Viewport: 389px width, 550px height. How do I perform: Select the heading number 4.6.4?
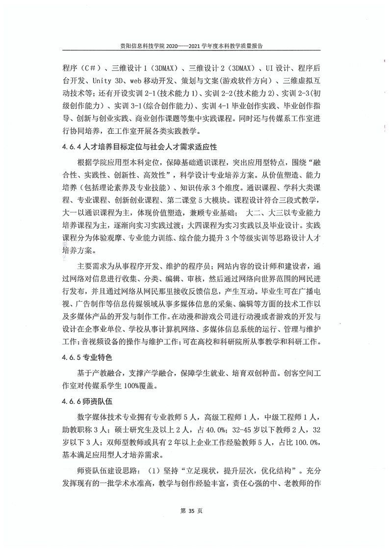[x=73, y=147]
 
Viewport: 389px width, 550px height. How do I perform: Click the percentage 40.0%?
[x=210, y=429]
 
